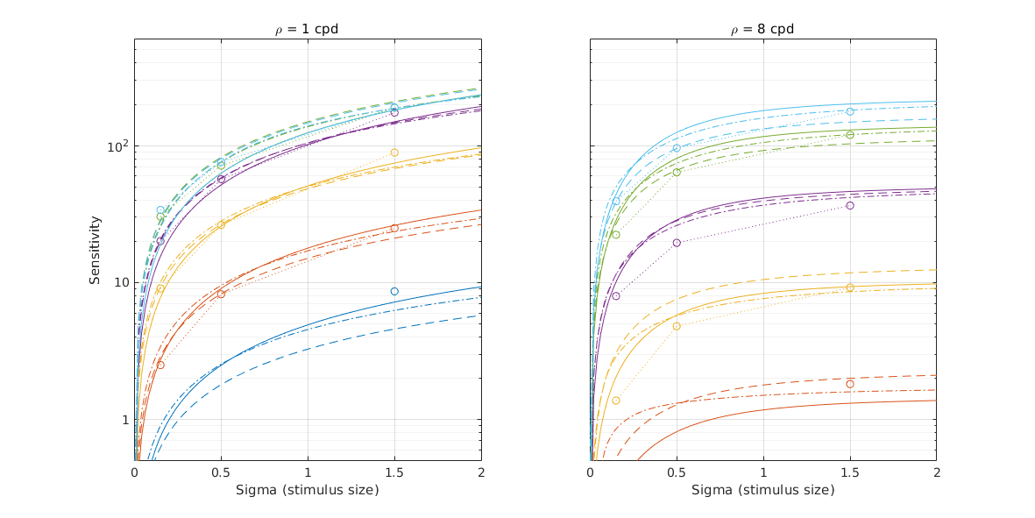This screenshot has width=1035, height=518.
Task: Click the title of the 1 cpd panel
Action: click(x=307, y=29)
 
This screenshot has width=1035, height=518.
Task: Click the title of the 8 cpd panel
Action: click(x=762, y=29)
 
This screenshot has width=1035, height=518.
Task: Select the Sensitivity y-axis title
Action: click(x=95, y=250)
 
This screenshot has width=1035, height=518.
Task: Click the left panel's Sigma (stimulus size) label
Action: click(x=307, y=490)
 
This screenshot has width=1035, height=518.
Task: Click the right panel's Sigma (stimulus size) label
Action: click(x=762, y=490)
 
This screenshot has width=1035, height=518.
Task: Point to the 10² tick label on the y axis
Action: click(x=117, y=145)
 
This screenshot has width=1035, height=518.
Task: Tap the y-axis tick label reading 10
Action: click(x=119, y=282)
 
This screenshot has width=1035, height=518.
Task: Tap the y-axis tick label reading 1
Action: click(x=123, y=420)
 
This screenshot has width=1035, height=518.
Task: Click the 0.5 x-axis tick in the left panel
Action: click(x=221, y=472)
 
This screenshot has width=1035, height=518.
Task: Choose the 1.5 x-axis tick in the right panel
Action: click(x=849, y=472)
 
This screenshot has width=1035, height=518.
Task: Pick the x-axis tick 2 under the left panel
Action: click(x=480, y=472)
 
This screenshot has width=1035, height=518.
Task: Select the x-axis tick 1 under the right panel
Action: click(x=763, y=472)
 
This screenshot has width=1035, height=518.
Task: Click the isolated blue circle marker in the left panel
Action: click(x=394, y=291)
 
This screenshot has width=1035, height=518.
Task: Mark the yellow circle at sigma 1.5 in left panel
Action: click(x=394, y=153)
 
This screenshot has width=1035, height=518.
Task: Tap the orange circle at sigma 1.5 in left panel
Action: click(x=394, y=228)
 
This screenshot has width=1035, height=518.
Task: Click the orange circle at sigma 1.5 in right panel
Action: click(x=850, y=384)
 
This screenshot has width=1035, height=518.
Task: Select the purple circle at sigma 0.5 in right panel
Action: click(x=677, y=243)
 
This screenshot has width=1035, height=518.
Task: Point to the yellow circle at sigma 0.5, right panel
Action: click(x=677, y=326)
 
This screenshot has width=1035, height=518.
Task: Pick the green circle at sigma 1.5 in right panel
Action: click(x=850, y=135)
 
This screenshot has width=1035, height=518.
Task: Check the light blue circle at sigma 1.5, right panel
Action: click(x=850, y=111)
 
